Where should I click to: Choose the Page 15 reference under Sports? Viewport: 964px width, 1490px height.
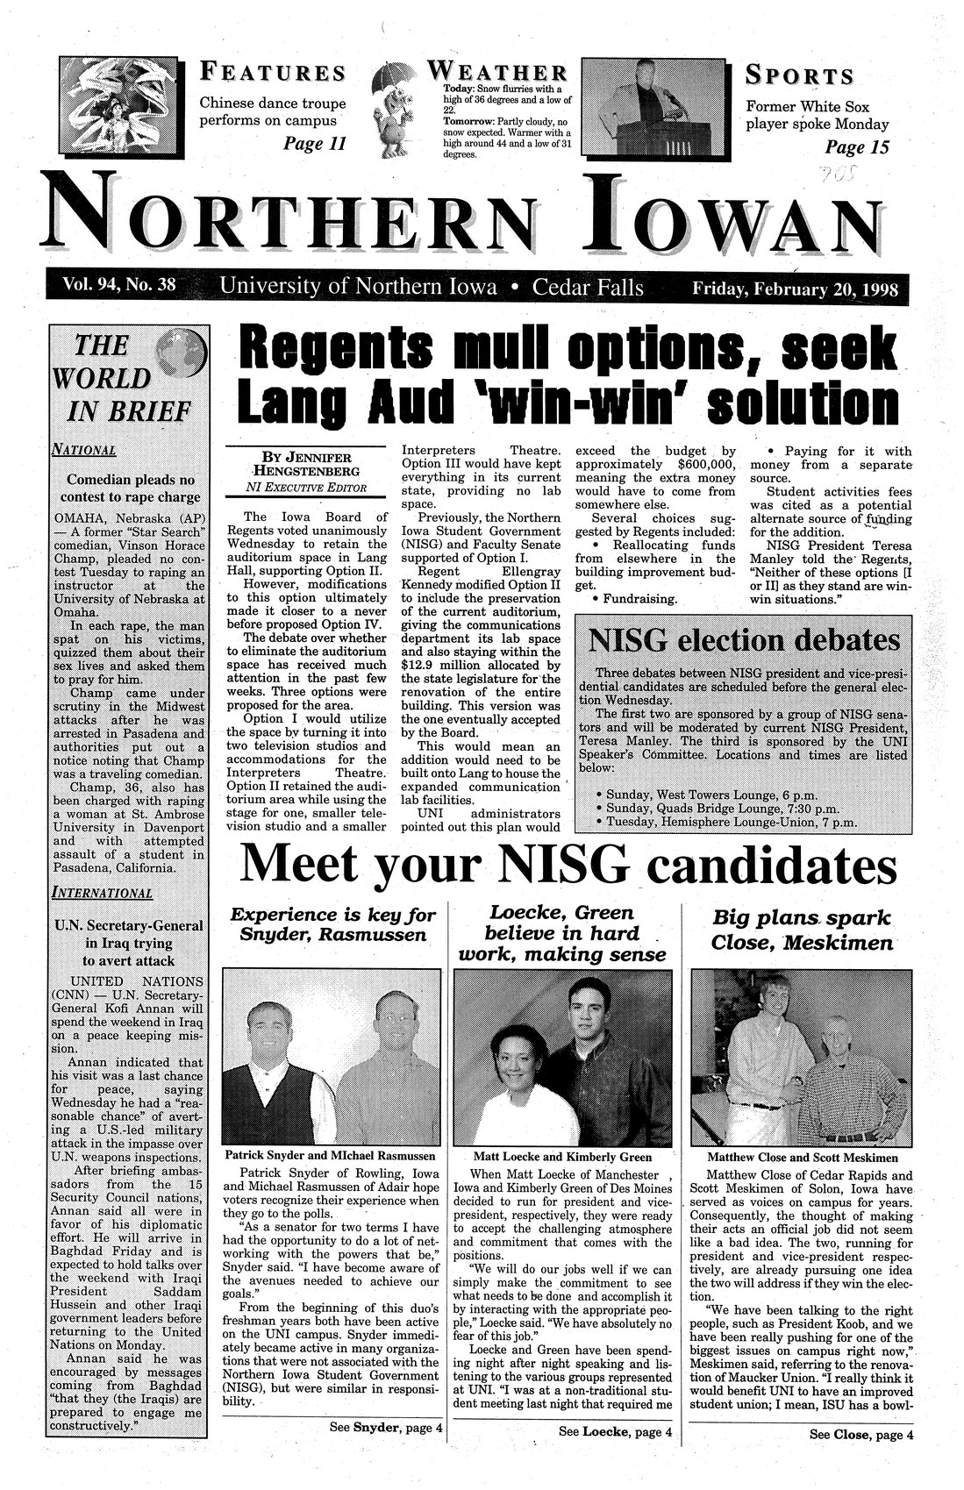857,147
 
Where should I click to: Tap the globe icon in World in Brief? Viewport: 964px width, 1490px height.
182,353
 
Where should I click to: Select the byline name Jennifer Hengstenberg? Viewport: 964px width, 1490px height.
300,465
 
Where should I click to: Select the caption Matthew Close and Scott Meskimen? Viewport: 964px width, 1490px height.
800,1156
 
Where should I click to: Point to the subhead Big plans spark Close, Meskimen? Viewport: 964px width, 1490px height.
803,930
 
